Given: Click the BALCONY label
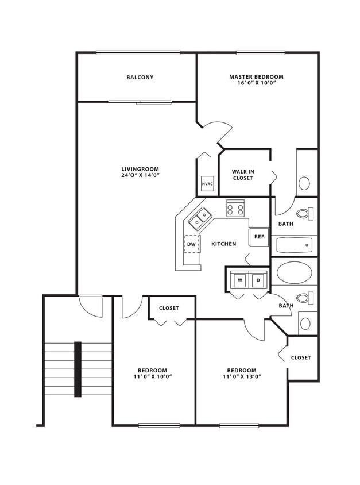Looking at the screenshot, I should pos(140,78).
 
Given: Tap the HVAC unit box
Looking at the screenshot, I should pos(207,184).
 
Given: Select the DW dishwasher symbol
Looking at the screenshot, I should pos(191,244).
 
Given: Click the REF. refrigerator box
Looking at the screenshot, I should pos(259,237).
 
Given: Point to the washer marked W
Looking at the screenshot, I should pos(239,280).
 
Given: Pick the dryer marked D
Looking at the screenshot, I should pos(258,280).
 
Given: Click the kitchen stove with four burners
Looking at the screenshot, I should pos(235,208).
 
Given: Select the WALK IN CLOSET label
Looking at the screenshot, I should pos(243,175).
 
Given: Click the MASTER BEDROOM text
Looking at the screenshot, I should pos(256,77).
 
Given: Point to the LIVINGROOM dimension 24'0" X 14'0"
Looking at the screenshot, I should pos(140,175).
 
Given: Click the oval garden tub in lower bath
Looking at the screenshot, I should pos(295,272).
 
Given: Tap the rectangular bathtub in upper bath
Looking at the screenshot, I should pos(294,246).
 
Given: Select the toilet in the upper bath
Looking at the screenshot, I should pos(305,214).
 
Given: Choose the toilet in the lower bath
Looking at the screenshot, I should pos(305,298).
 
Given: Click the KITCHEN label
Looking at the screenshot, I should pos(223,244).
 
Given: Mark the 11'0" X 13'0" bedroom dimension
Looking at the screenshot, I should pos(241,377).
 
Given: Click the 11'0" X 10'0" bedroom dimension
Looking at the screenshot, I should pos(152,377).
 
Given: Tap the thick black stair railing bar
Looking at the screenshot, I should pos(78,369).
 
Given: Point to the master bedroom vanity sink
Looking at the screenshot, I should pos(304,183).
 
